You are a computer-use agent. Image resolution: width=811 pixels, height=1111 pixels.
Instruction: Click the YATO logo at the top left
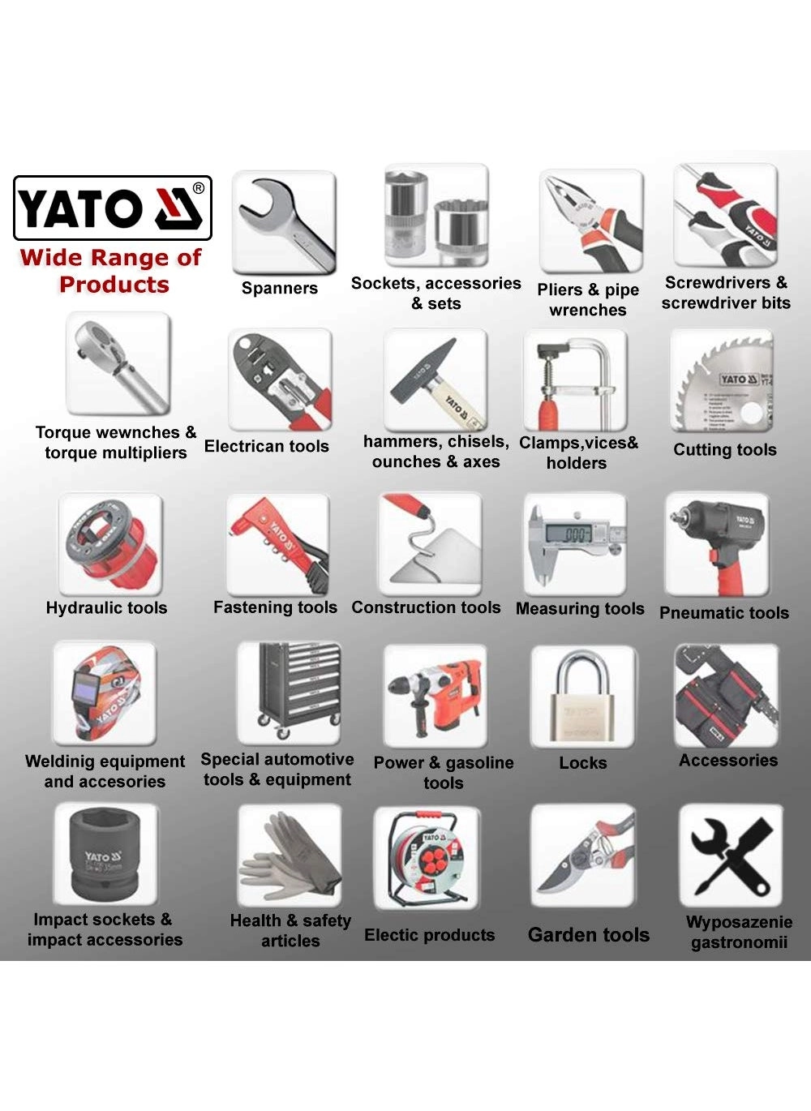(113, 208)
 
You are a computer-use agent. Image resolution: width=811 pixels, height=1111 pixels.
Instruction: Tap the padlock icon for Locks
(583, 697)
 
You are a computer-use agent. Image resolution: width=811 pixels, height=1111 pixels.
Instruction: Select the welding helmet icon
(105, 693)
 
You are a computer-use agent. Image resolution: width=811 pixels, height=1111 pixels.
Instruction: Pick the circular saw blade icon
(723, 381)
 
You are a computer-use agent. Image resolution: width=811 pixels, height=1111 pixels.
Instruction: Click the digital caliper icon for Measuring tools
(575, 544)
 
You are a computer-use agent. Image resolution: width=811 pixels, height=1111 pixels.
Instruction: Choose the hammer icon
(436, 380)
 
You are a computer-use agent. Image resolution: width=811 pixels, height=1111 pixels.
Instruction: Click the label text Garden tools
(589, 935)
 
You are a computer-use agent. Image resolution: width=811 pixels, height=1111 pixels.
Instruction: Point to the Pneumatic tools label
(724, 613)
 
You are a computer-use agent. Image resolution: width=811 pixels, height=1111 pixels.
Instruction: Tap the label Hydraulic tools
(106, 608)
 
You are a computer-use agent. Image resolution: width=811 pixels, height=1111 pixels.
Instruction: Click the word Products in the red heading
(114, 285)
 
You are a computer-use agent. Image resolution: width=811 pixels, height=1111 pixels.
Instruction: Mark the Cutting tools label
(725, 450)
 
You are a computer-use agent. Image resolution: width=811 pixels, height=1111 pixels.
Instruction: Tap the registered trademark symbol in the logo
(198, 188)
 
